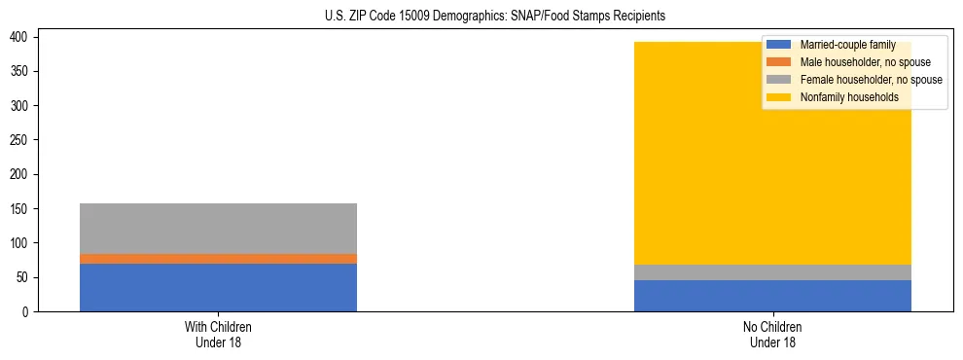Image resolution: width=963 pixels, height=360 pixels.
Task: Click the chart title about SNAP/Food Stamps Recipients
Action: pos(481,16)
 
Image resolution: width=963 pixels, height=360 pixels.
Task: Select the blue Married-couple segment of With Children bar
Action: pos(218,287)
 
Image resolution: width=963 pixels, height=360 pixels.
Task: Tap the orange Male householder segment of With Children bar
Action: pos(218,259)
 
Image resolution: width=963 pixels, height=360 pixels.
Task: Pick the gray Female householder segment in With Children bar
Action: pos(218,229)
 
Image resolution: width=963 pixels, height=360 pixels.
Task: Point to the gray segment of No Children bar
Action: pos(772,272)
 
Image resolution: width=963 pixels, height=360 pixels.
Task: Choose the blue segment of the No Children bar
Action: pos(772,296)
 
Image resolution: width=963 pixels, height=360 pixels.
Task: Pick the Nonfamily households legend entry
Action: pos(842,97)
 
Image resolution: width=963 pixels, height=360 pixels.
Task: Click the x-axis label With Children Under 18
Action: pos(218,334)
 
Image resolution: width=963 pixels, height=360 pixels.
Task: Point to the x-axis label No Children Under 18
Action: pos(772,334)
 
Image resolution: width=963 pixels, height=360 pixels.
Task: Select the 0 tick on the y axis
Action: pos(30,311)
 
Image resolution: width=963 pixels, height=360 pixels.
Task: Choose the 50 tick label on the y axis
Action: pos(27,277)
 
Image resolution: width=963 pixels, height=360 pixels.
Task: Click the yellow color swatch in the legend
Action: pos(779,97)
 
